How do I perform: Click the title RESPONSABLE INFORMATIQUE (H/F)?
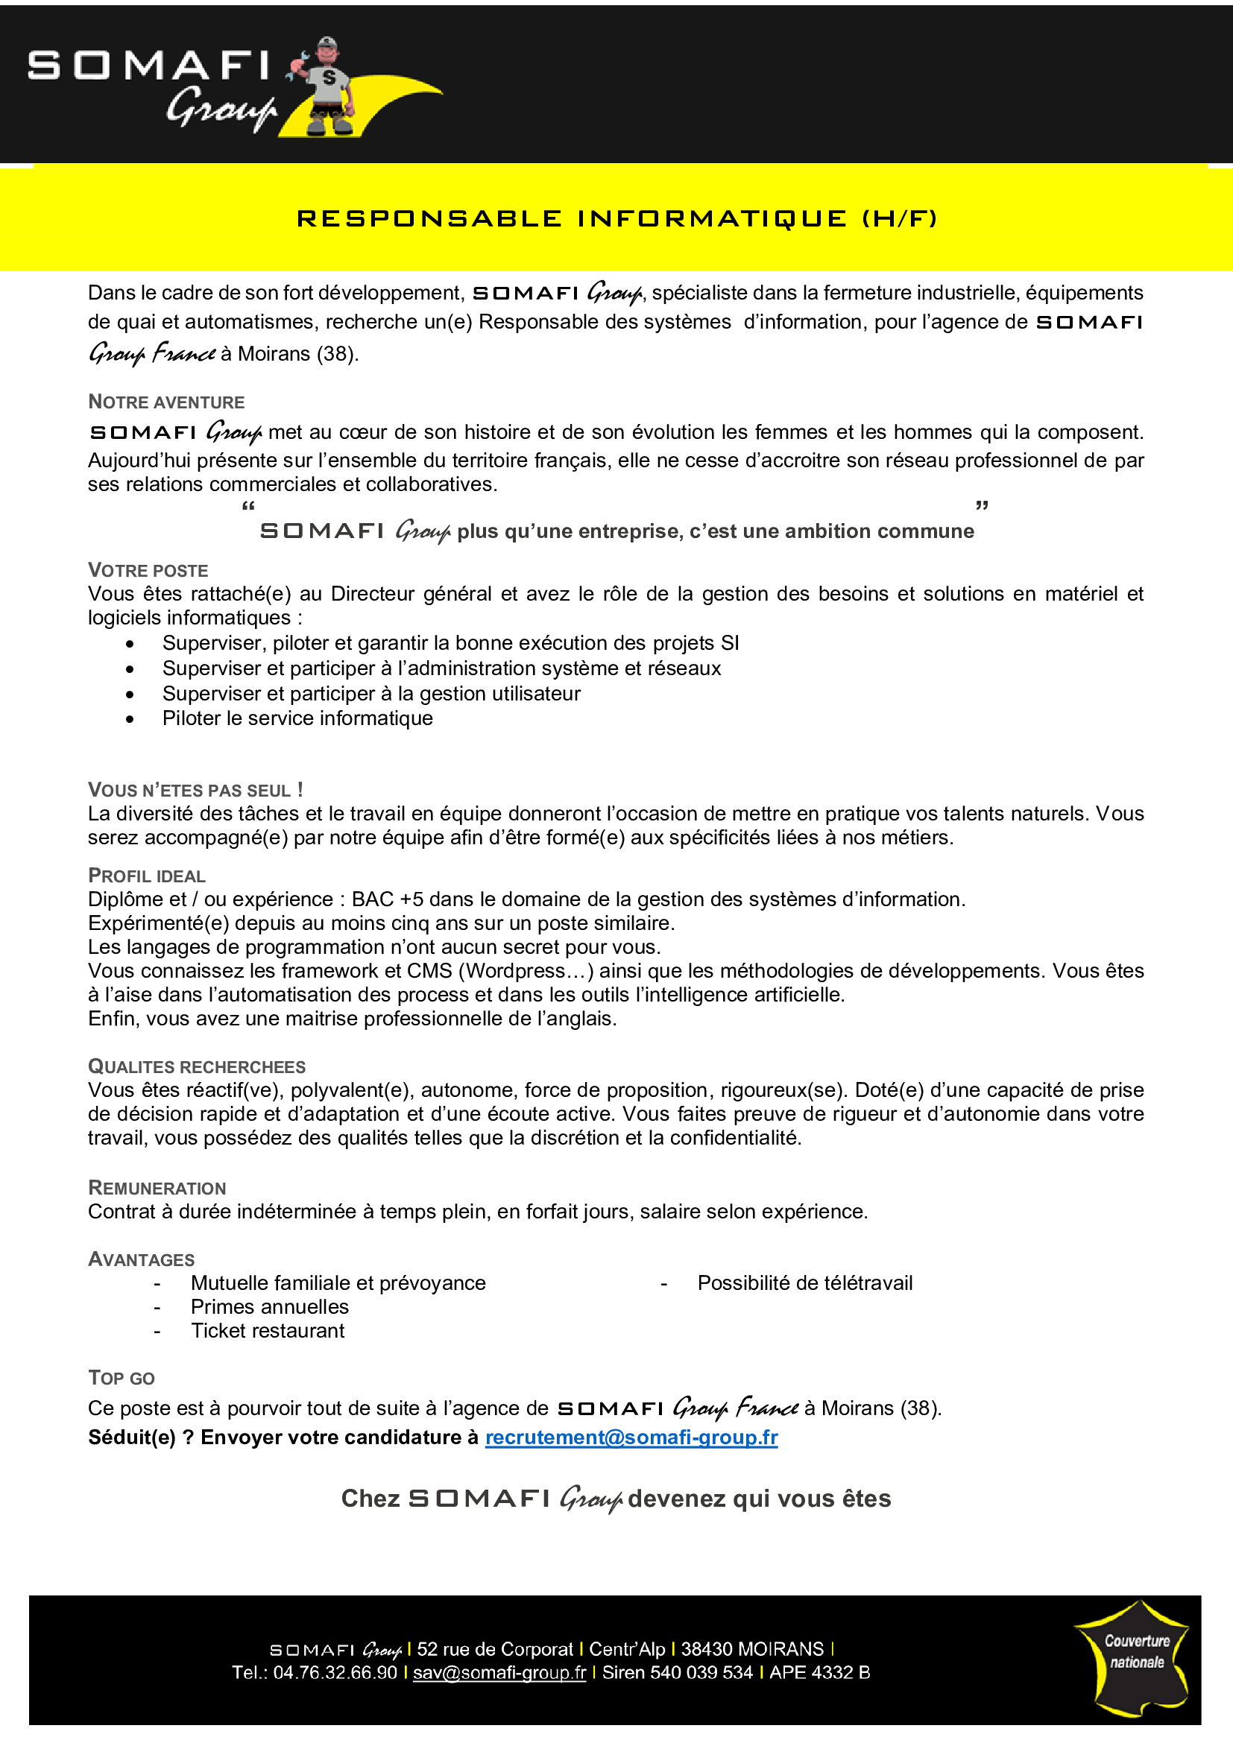coord(616,218)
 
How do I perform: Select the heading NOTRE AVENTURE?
coord(166,402)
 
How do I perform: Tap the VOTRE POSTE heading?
coord(148,570)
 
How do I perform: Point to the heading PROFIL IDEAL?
coord(147,876)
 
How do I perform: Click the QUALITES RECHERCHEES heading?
coord(197,1066)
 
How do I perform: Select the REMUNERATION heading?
coord(157,1187)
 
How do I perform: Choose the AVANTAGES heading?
coord(141,1259)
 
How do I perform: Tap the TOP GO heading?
coord(122,1378)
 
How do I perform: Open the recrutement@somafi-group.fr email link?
coord(631,1437)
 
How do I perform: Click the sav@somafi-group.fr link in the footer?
coord(499,1672)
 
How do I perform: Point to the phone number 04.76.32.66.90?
coord(335,1672)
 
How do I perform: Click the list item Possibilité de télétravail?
coord(805,1283)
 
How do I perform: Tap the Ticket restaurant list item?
coord(268,1331)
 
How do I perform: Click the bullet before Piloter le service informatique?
coord(130,719)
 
